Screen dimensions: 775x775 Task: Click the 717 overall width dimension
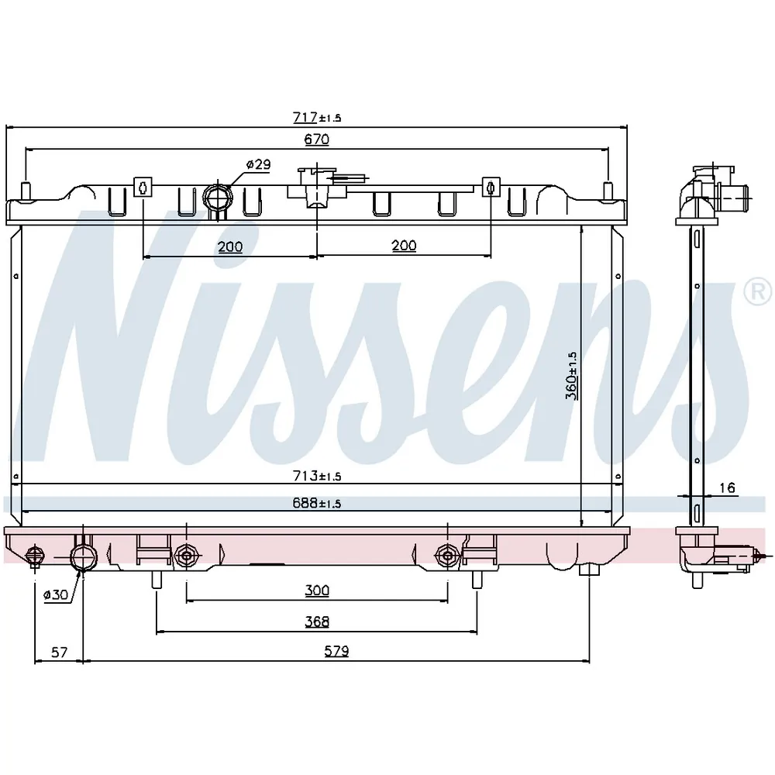click(317, 117)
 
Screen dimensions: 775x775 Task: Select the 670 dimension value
click(317, 139)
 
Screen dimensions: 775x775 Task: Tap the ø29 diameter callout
click(259, 164)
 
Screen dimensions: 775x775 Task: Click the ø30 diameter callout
click(55, 594)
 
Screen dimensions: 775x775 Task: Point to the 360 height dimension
click(571, 375)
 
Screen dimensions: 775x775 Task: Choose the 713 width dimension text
click(317, 476)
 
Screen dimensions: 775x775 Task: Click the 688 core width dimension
click(317, 503)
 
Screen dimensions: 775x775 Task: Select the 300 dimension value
click(317, 590)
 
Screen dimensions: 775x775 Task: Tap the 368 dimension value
click(317, 622)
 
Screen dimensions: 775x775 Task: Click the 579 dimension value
click(336, 651)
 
